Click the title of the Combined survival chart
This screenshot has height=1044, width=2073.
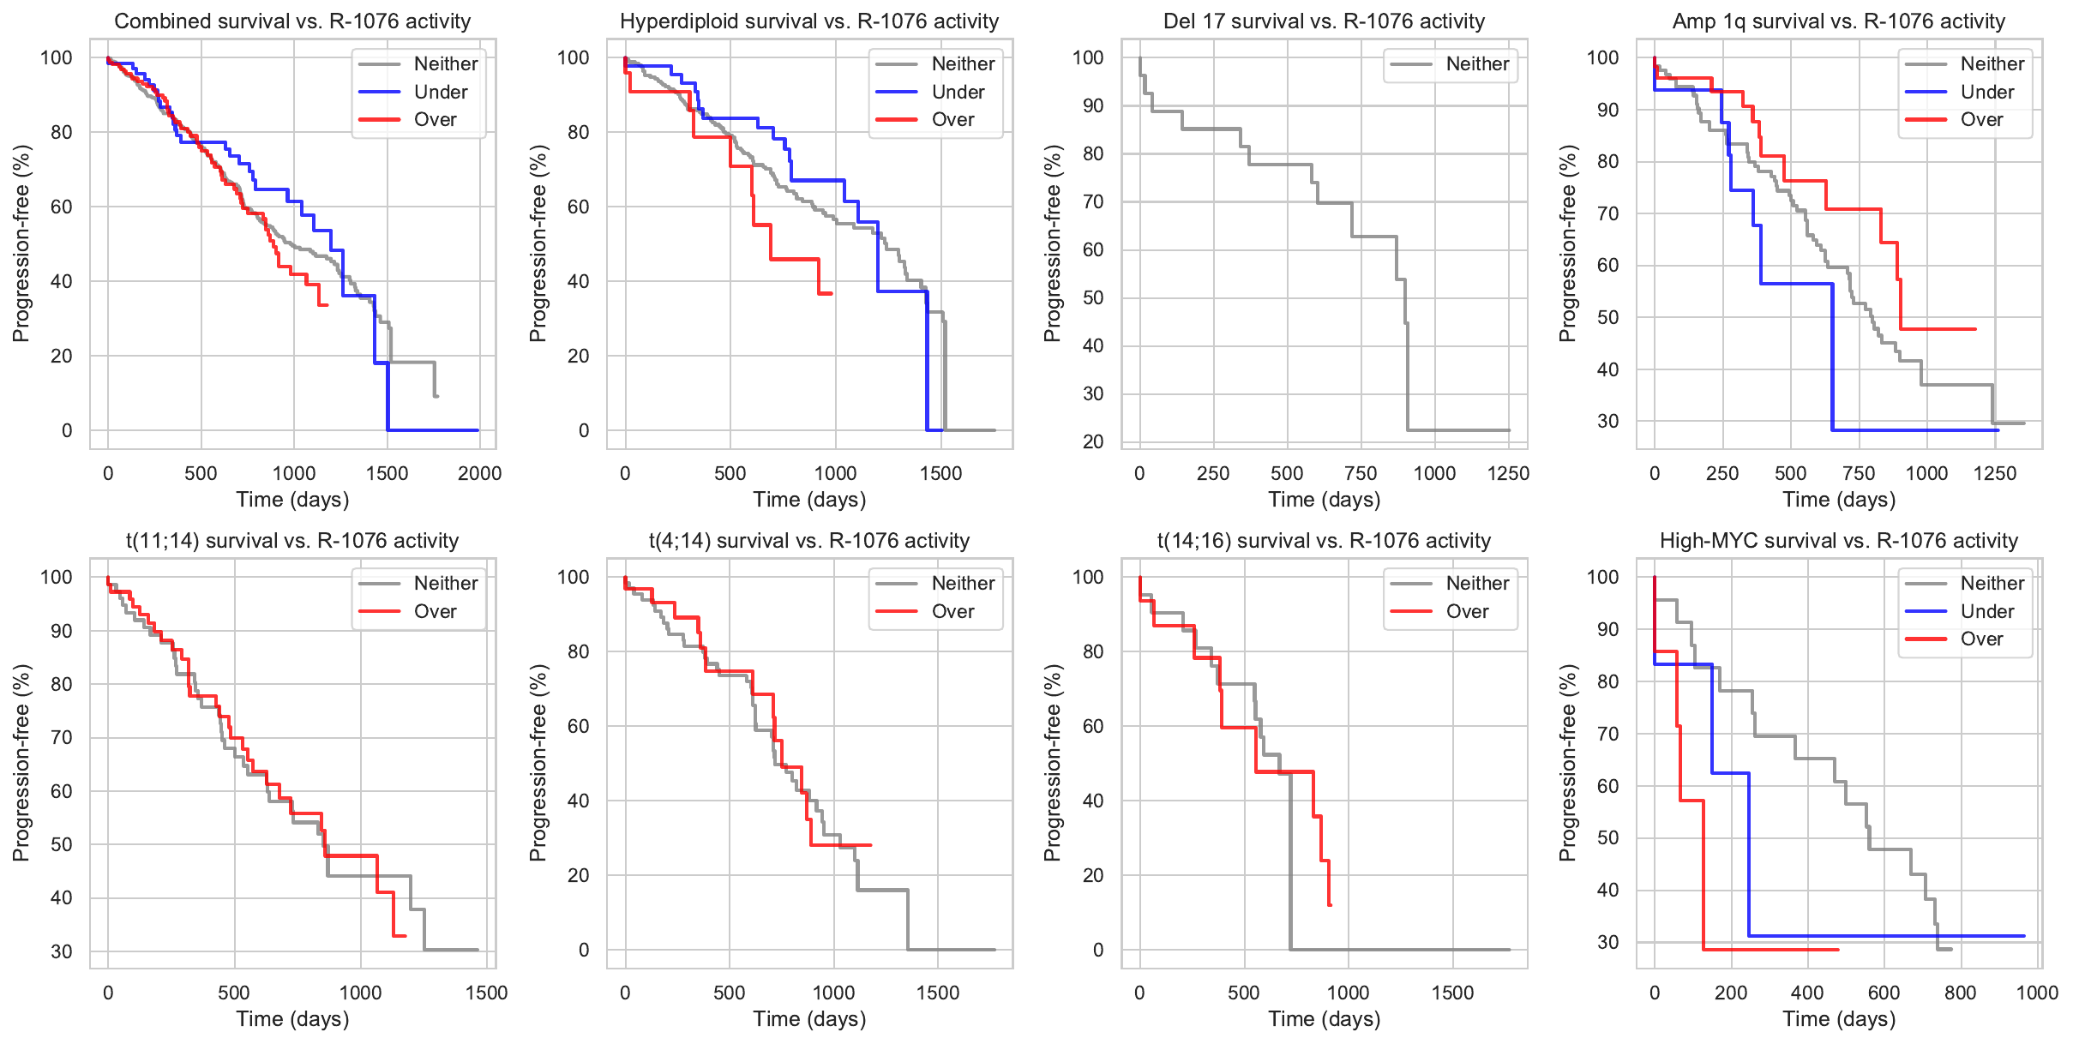[292, 21]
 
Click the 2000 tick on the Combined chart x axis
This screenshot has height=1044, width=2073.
[479, 473]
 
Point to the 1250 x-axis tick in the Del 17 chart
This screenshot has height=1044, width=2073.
[1508, 473]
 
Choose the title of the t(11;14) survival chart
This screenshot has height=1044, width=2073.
[292, 541]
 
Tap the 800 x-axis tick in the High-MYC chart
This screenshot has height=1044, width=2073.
[1961, 993]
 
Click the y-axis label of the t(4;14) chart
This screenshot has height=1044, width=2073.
[538, 762]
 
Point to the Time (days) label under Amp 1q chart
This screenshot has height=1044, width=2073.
[1839, 500]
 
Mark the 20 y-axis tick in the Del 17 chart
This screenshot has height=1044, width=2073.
[1093, 442]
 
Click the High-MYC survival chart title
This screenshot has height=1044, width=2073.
[1839, 541]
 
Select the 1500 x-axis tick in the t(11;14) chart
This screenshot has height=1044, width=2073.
[486, 993]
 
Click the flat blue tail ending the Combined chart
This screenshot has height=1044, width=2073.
[433, 429]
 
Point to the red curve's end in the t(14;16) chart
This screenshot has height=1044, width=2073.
[1330, 904]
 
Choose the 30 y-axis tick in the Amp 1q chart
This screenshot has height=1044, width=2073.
[1607, 422]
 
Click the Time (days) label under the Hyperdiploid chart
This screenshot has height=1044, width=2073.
[809, 500]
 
